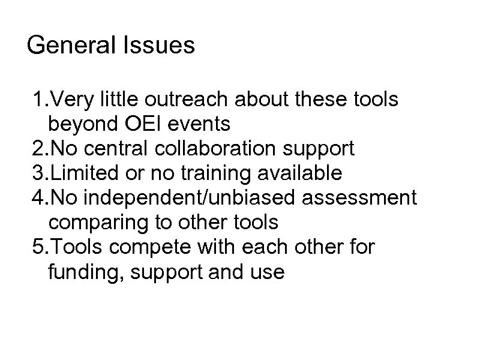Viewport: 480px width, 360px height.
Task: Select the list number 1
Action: coord(38,100)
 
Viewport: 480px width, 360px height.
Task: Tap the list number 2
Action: coord(38,149)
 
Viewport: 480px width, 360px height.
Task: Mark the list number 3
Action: coord(38,173)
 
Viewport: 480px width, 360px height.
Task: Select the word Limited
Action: coord(80,173)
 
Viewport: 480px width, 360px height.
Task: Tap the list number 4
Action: coord(38,198)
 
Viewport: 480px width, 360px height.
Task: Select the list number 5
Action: coord(38,247)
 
